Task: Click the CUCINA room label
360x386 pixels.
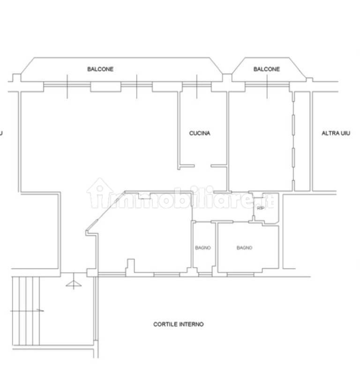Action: point(200,133)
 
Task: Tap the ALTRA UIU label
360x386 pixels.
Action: point(336,133)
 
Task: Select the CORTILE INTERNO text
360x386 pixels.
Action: point(179,324)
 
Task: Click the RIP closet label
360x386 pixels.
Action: point(261,208)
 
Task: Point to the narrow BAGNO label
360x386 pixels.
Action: point(203,248)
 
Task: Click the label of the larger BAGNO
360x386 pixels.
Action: point(244,248)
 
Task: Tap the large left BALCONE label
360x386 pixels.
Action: point(100,69)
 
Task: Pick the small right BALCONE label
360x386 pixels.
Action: point(267,69)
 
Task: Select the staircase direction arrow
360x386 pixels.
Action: point(27,311)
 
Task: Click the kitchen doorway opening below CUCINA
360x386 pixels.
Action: point(202,166)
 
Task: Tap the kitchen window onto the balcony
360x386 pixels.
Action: point(196,85)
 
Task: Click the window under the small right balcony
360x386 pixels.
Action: point(267,85)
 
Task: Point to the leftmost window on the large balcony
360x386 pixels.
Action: point(67,85)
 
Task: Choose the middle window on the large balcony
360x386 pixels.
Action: point(136,85)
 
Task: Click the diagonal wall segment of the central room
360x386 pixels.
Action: point(105,211)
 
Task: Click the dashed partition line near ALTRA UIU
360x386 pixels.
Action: point(293,141)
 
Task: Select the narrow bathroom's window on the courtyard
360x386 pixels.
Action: point(205,274)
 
